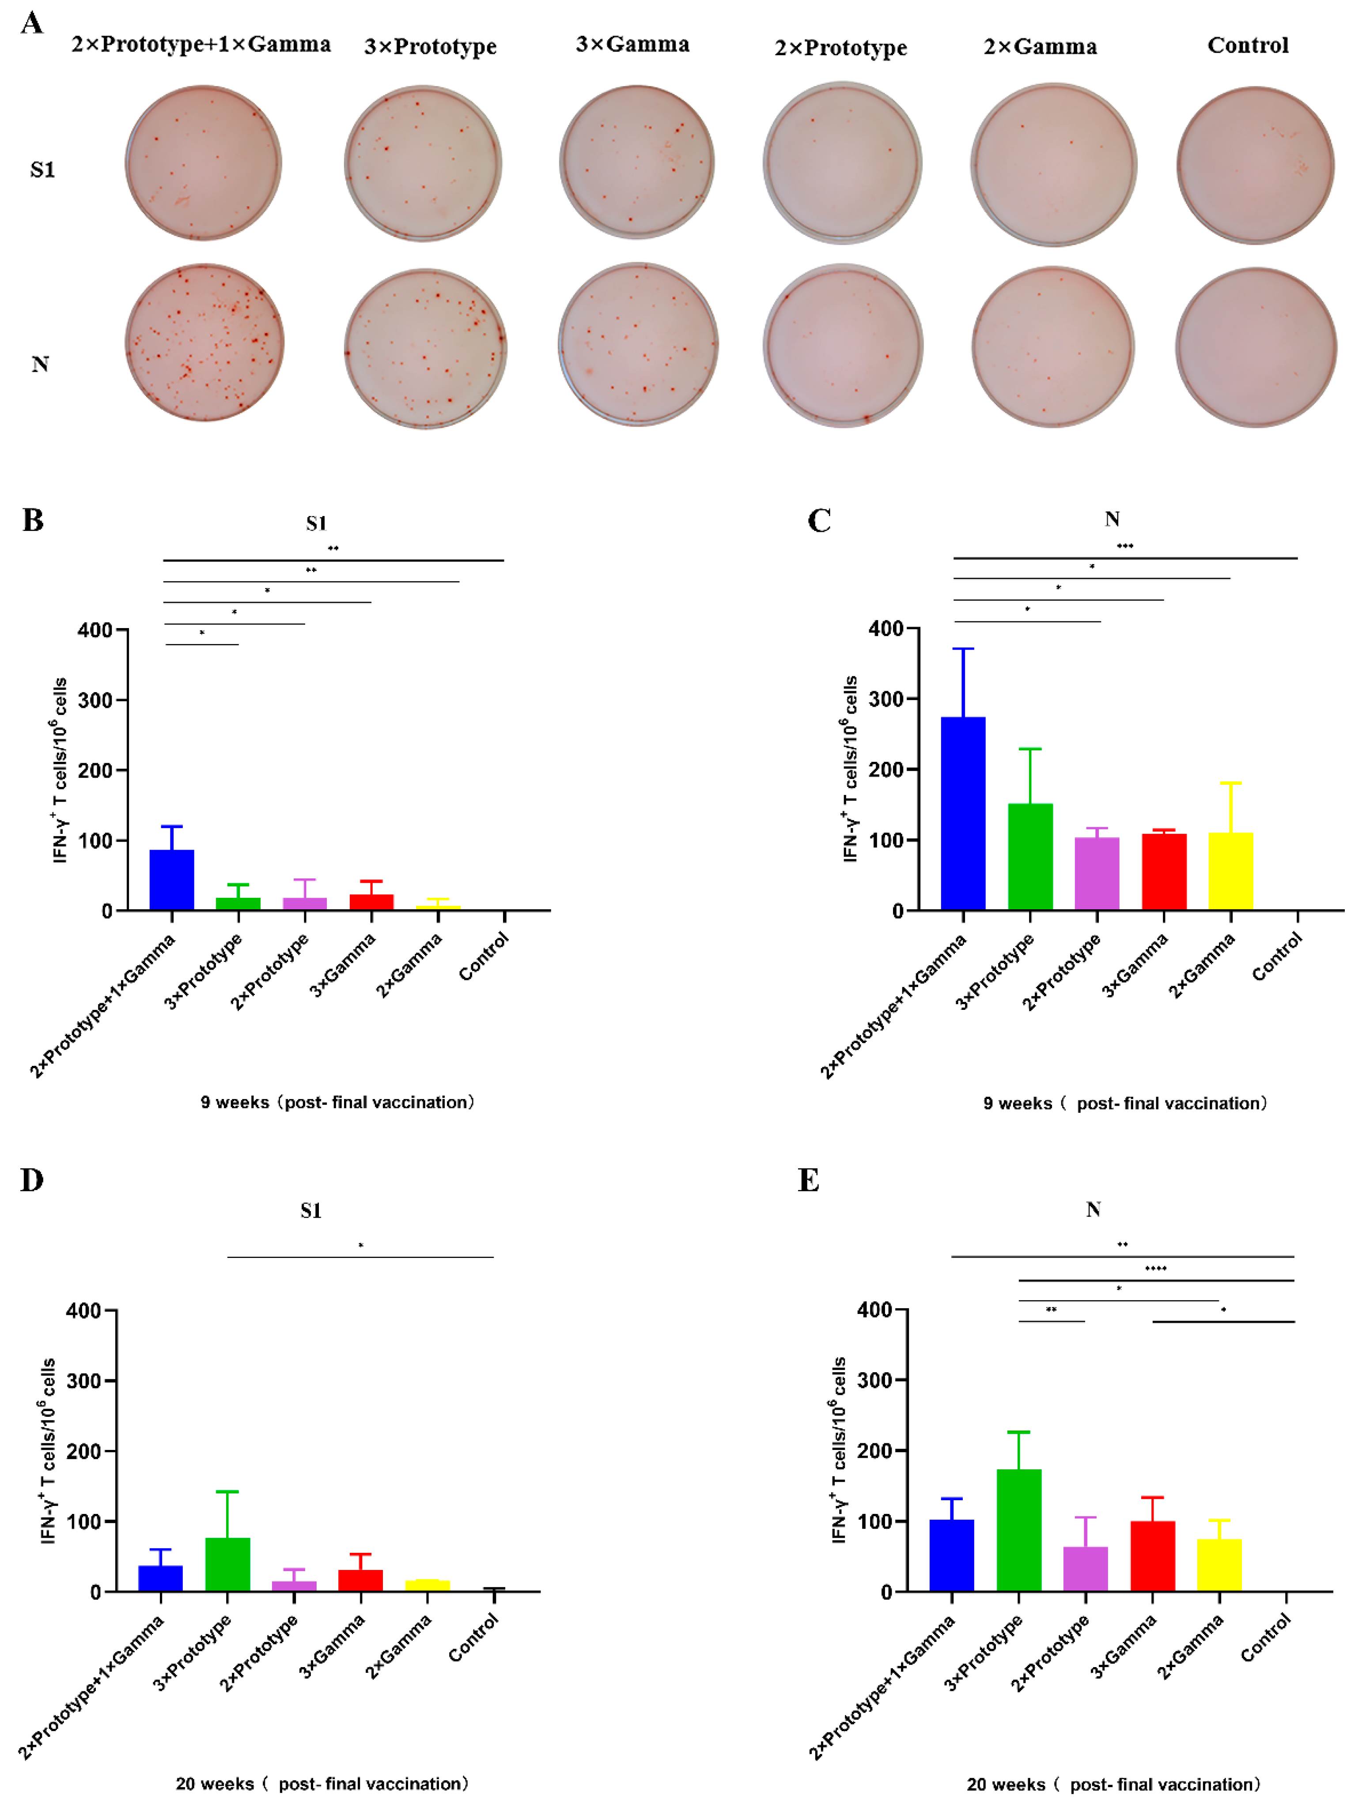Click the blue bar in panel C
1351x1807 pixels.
[963, 813]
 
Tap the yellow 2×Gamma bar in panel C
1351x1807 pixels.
[1230, 871]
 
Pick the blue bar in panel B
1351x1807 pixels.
[172, 880]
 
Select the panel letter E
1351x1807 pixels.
[808, 1180]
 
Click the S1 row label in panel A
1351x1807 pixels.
[42, 170]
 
